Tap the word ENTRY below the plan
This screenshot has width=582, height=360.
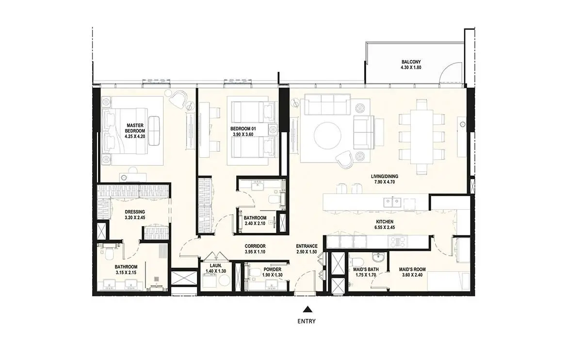point(307,321)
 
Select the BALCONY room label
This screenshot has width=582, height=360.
point(411,62)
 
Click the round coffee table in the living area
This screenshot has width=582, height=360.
point(327,135)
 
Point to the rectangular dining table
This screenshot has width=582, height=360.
point(421,137)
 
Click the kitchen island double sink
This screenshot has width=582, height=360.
point(392,202)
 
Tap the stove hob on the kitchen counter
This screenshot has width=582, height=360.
point(398,242)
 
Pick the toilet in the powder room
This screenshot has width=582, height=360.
point(254,272)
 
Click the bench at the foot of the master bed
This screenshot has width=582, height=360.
point(154,131)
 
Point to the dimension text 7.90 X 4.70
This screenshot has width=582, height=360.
point(385,182)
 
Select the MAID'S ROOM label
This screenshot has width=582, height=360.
point(412,270)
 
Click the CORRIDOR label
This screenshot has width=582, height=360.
point(255,246)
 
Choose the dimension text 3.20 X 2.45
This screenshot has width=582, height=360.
point(135,217)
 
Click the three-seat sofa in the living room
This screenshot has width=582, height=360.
point(327,104)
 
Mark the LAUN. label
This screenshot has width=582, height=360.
point(216,266)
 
